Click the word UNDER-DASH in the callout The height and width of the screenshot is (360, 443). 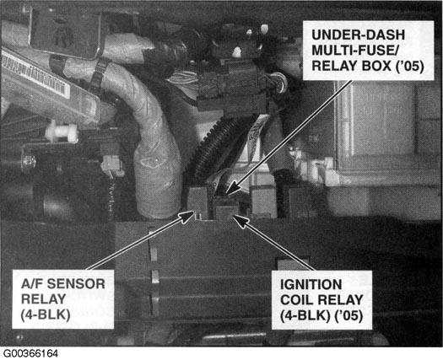[359, 35]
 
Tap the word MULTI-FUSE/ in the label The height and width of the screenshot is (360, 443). [355, 51]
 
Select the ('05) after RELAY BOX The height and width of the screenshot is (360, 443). [410, 66]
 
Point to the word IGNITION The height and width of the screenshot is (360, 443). [311, 284]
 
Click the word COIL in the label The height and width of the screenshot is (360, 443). [297, 300]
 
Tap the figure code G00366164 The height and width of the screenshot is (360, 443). [30, 353]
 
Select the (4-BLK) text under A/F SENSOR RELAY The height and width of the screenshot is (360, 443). [46, 314]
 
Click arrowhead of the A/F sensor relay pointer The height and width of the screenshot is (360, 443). [188, 216]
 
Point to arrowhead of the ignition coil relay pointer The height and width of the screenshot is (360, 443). [240, 221]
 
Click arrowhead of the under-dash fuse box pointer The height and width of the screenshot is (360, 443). [233, 188]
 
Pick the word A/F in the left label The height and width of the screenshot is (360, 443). [32, 284]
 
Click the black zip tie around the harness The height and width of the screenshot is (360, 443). [98, 75]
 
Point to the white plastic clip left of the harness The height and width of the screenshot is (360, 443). [62, 132]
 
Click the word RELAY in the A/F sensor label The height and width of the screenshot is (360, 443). [44, 299]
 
